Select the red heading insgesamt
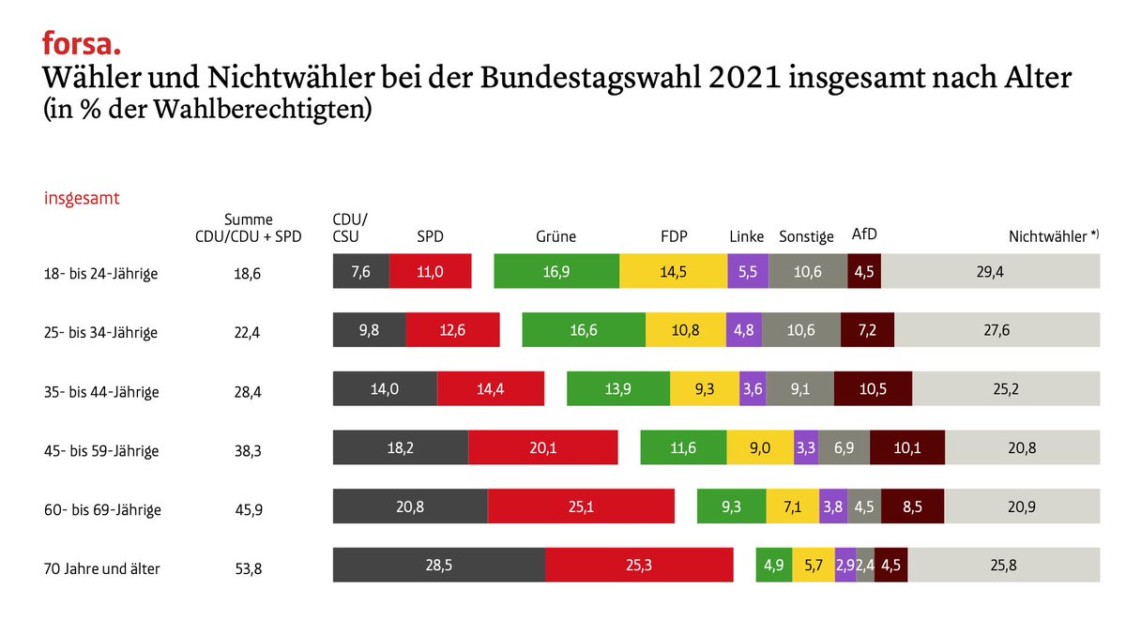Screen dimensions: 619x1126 (x=82, y=199)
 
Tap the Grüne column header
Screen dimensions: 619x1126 (x=555, y=236)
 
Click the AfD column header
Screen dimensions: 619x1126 (x=863, y=234)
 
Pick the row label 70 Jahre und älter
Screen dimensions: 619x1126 (x=101, y=568)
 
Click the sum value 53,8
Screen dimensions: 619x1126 (x=248, y=568)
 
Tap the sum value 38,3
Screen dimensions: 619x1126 (x=248, y=451)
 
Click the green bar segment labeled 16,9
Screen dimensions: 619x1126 (x=556, y=271)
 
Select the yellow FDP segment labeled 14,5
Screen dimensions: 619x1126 (x=674, y=271)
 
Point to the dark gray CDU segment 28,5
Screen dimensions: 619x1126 (x=439, y=565)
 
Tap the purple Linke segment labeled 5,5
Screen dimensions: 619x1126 (x=748, y=271)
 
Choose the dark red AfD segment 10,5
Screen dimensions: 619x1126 (x=873, y=388)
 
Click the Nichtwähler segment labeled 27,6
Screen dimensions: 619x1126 (x=997, y=330)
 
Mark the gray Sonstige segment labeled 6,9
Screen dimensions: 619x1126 (x=844, y=447)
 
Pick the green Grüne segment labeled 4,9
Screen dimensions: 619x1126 (x=773, y=565)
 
